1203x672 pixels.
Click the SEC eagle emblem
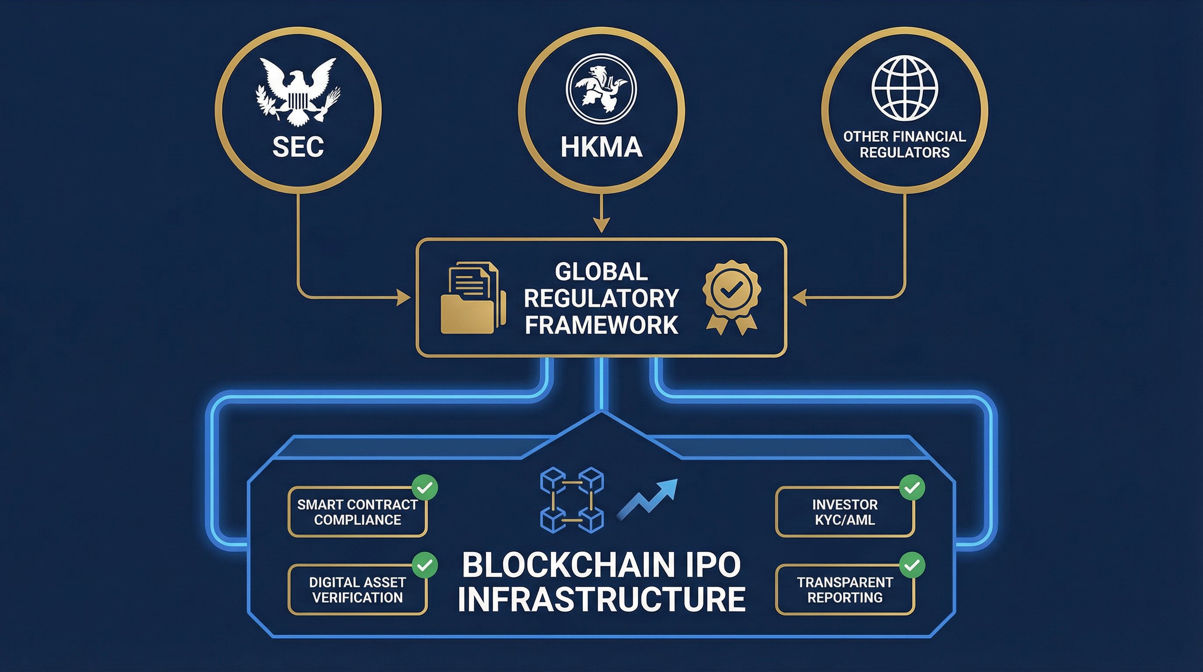(x=298, y=91)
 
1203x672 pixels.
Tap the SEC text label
(x=298, y=147)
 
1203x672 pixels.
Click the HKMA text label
(x=601, y=147)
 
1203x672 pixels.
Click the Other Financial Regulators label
(x=904, y=144)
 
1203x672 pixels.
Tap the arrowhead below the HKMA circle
(x=601, y=225)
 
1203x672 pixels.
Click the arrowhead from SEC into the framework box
(x=403, y=297)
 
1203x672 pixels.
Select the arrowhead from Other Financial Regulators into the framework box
(x=800, y=297)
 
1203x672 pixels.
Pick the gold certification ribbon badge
(x=731, y=297)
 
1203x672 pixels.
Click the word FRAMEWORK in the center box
(x=601, y=325)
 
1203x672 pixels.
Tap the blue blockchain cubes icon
(x=572, y=500)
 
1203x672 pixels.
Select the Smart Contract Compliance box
(x=357, y=512)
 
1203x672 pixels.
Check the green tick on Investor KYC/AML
(x=911, y=488)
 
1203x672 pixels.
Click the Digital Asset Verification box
(x=357, y=590)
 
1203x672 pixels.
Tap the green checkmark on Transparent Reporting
(x=911, y=565)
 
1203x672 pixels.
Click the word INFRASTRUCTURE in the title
(x=601, y=599)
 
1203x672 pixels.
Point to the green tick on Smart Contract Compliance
(x=424, y=488)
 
